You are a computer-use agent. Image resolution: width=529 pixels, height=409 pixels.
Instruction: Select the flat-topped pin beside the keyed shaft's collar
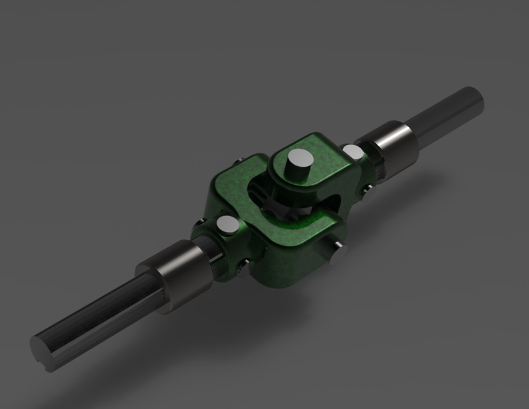[228, 225]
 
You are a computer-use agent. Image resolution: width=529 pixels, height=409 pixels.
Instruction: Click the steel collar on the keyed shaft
[174, 275]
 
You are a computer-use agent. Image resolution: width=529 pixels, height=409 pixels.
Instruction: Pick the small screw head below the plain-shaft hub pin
[366, 189]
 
